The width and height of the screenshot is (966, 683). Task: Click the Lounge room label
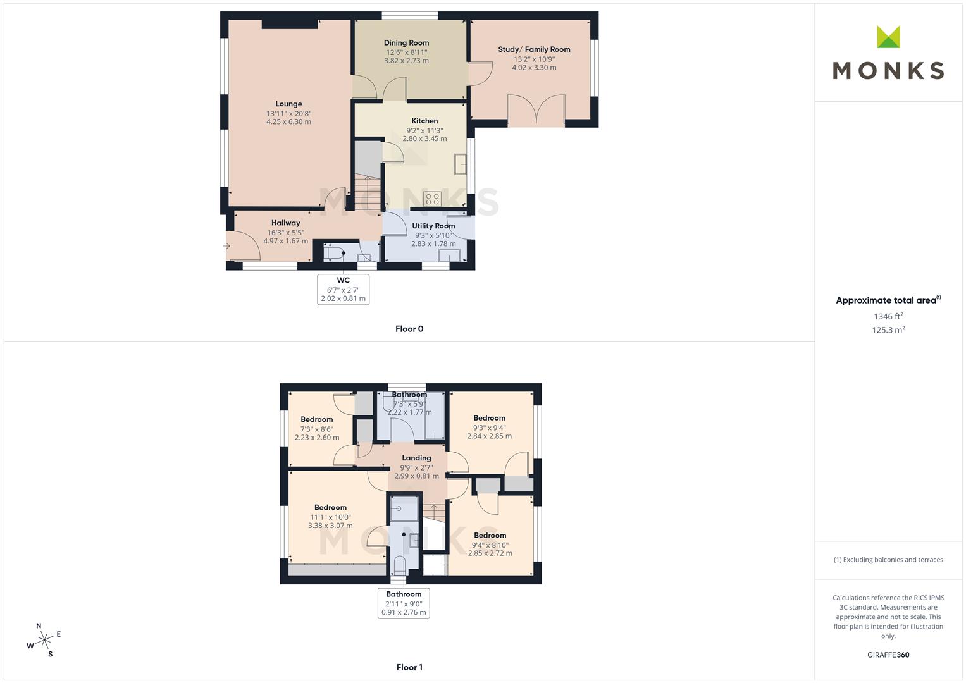pos(288,104)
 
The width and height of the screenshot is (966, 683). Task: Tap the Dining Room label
pos(406,43)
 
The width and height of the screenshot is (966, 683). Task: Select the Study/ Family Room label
pos(534,49)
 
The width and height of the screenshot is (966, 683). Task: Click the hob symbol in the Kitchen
pos(432,199)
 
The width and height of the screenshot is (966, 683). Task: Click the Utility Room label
pos(433,226)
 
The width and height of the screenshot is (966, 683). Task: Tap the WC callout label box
pos(343,289)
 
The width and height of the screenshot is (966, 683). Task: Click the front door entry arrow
pos(226,246)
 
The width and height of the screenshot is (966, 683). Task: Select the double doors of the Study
pos(536,109)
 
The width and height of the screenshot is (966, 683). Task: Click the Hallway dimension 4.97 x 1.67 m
pos(286,241)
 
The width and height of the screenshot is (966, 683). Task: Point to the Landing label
pos(416,458)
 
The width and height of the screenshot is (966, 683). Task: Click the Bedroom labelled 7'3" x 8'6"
pos(316,419)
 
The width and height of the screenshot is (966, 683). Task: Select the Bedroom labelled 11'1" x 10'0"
pos(330,507)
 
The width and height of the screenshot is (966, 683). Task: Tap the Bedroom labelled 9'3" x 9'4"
pos(489,418)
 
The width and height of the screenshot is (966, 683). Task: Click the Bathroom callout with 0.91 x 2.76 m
pos(404,603)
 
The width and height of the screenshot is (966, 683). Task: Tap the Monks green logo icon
pos(888,37)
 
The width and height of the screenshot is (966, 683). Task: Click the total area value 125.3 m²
pos(888,330)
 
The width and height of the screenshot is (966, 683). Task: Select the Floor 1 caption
pos(409,667)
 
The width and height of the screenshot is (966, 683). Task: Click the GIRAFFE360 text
pos(888,655)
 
